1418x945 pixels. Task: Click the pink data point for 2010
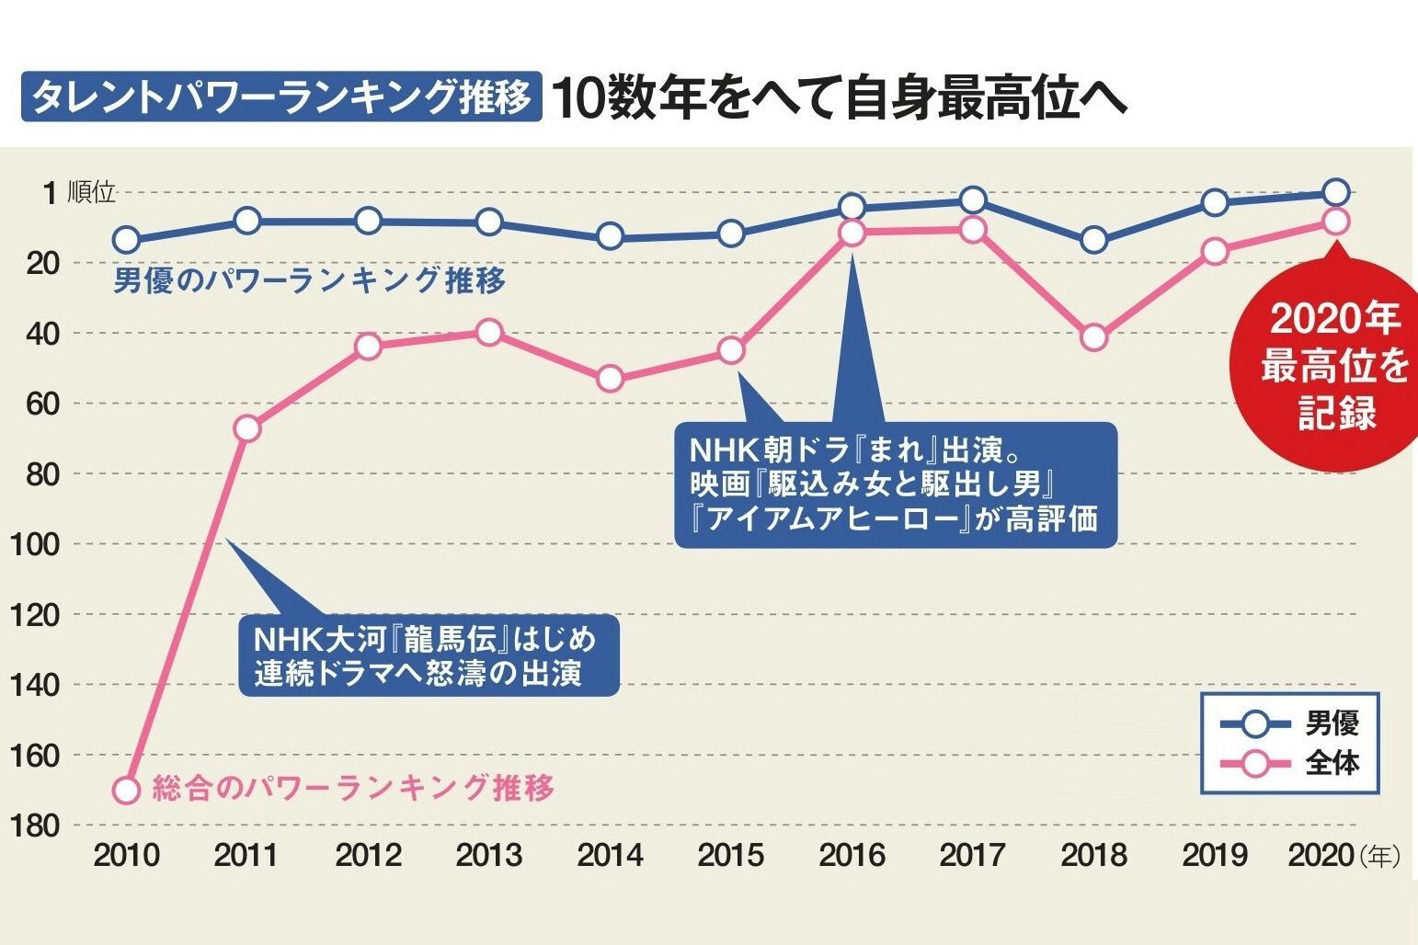click(x=126, y=790)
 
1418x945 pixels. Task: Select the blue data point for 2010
click(x=126, y=240)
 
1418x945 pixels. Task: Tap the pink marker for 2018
click(x=1093, y=337)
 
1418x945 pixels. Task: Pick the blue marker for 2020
click(x=1335, y=192)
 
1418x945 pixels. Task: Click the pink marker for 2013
click(x=489, y=332)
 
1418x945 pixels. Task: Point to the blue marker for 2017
click(x=973, y=200)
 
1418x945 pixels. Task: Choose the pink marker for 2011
click(x=246, y=428)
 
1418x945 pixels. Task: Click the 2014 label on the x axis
click(x=610, y=856)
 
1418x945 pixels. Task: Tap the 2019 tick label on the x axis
click(x=1214, y=856)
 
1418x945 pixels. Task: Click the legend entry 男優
click(x=1332, y=724)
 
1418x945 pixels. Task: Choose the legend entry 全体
click(x=1332, y=763)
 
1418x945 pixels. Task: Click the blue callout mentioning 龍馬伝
click(x=425, y=655)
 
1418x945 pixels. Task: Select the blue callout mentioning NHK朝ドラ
click(x=894, y=484)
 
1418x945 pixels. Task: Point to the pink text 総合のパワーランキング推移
click(x=354, y=788)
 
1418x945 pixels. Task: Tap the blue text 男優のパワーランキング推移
click(x=310, y=279)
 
